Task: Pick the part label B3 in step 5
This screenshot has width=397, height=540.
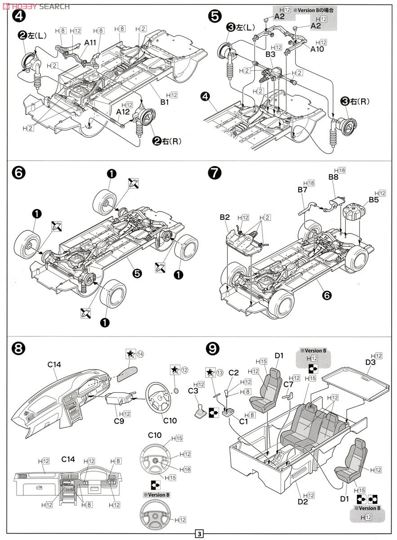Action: click(x=270, y=54)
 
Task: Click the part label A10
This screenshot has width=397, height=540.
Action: click(x=317, y=49)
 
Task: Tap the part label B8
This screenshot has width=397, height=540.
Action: click(x=333, y=177)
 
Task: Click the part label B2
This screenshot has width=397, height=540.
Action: click(x=225, y=217)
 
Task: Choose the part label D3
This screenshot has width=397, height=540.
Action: click(x=370, y=362)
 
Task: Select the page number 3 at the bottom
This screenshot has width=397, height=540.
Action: click(x=198, y=534)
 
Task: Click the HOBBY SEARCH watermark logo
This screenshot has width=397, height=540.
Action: click(x=36, y=6)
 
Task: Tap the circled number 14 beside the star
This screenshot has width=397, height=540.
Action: click(x=140, y=354)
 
